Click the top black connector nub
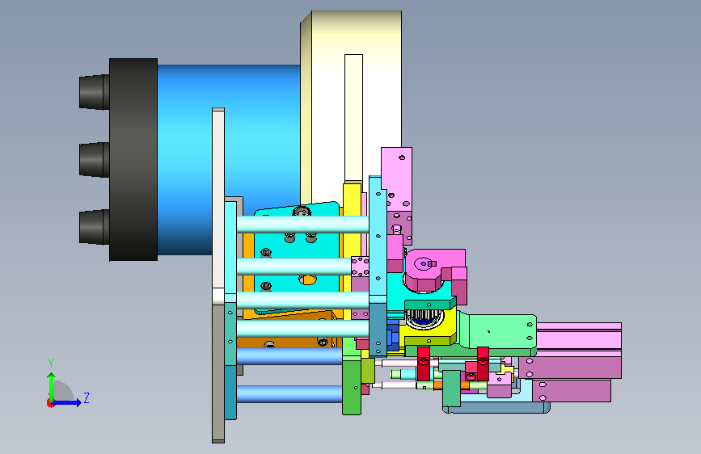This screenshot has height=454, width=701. [95, 92]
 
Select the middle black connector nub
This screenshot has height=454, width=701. [95, 159]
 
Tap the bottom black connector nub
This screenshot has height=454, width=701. [95, 228]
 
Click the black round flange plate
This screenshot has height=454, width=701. [133, 159]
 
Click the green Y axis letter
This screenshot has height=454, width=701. [51, 364]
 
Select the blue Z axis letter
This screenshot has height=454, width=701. [87, 397]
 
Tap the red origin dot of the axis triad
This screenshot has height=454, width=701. [50, 403]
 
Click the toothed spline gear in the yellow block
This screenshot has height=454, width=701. [424, 318]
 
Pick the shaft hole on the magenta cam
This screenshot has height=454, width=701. [424, 263]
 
